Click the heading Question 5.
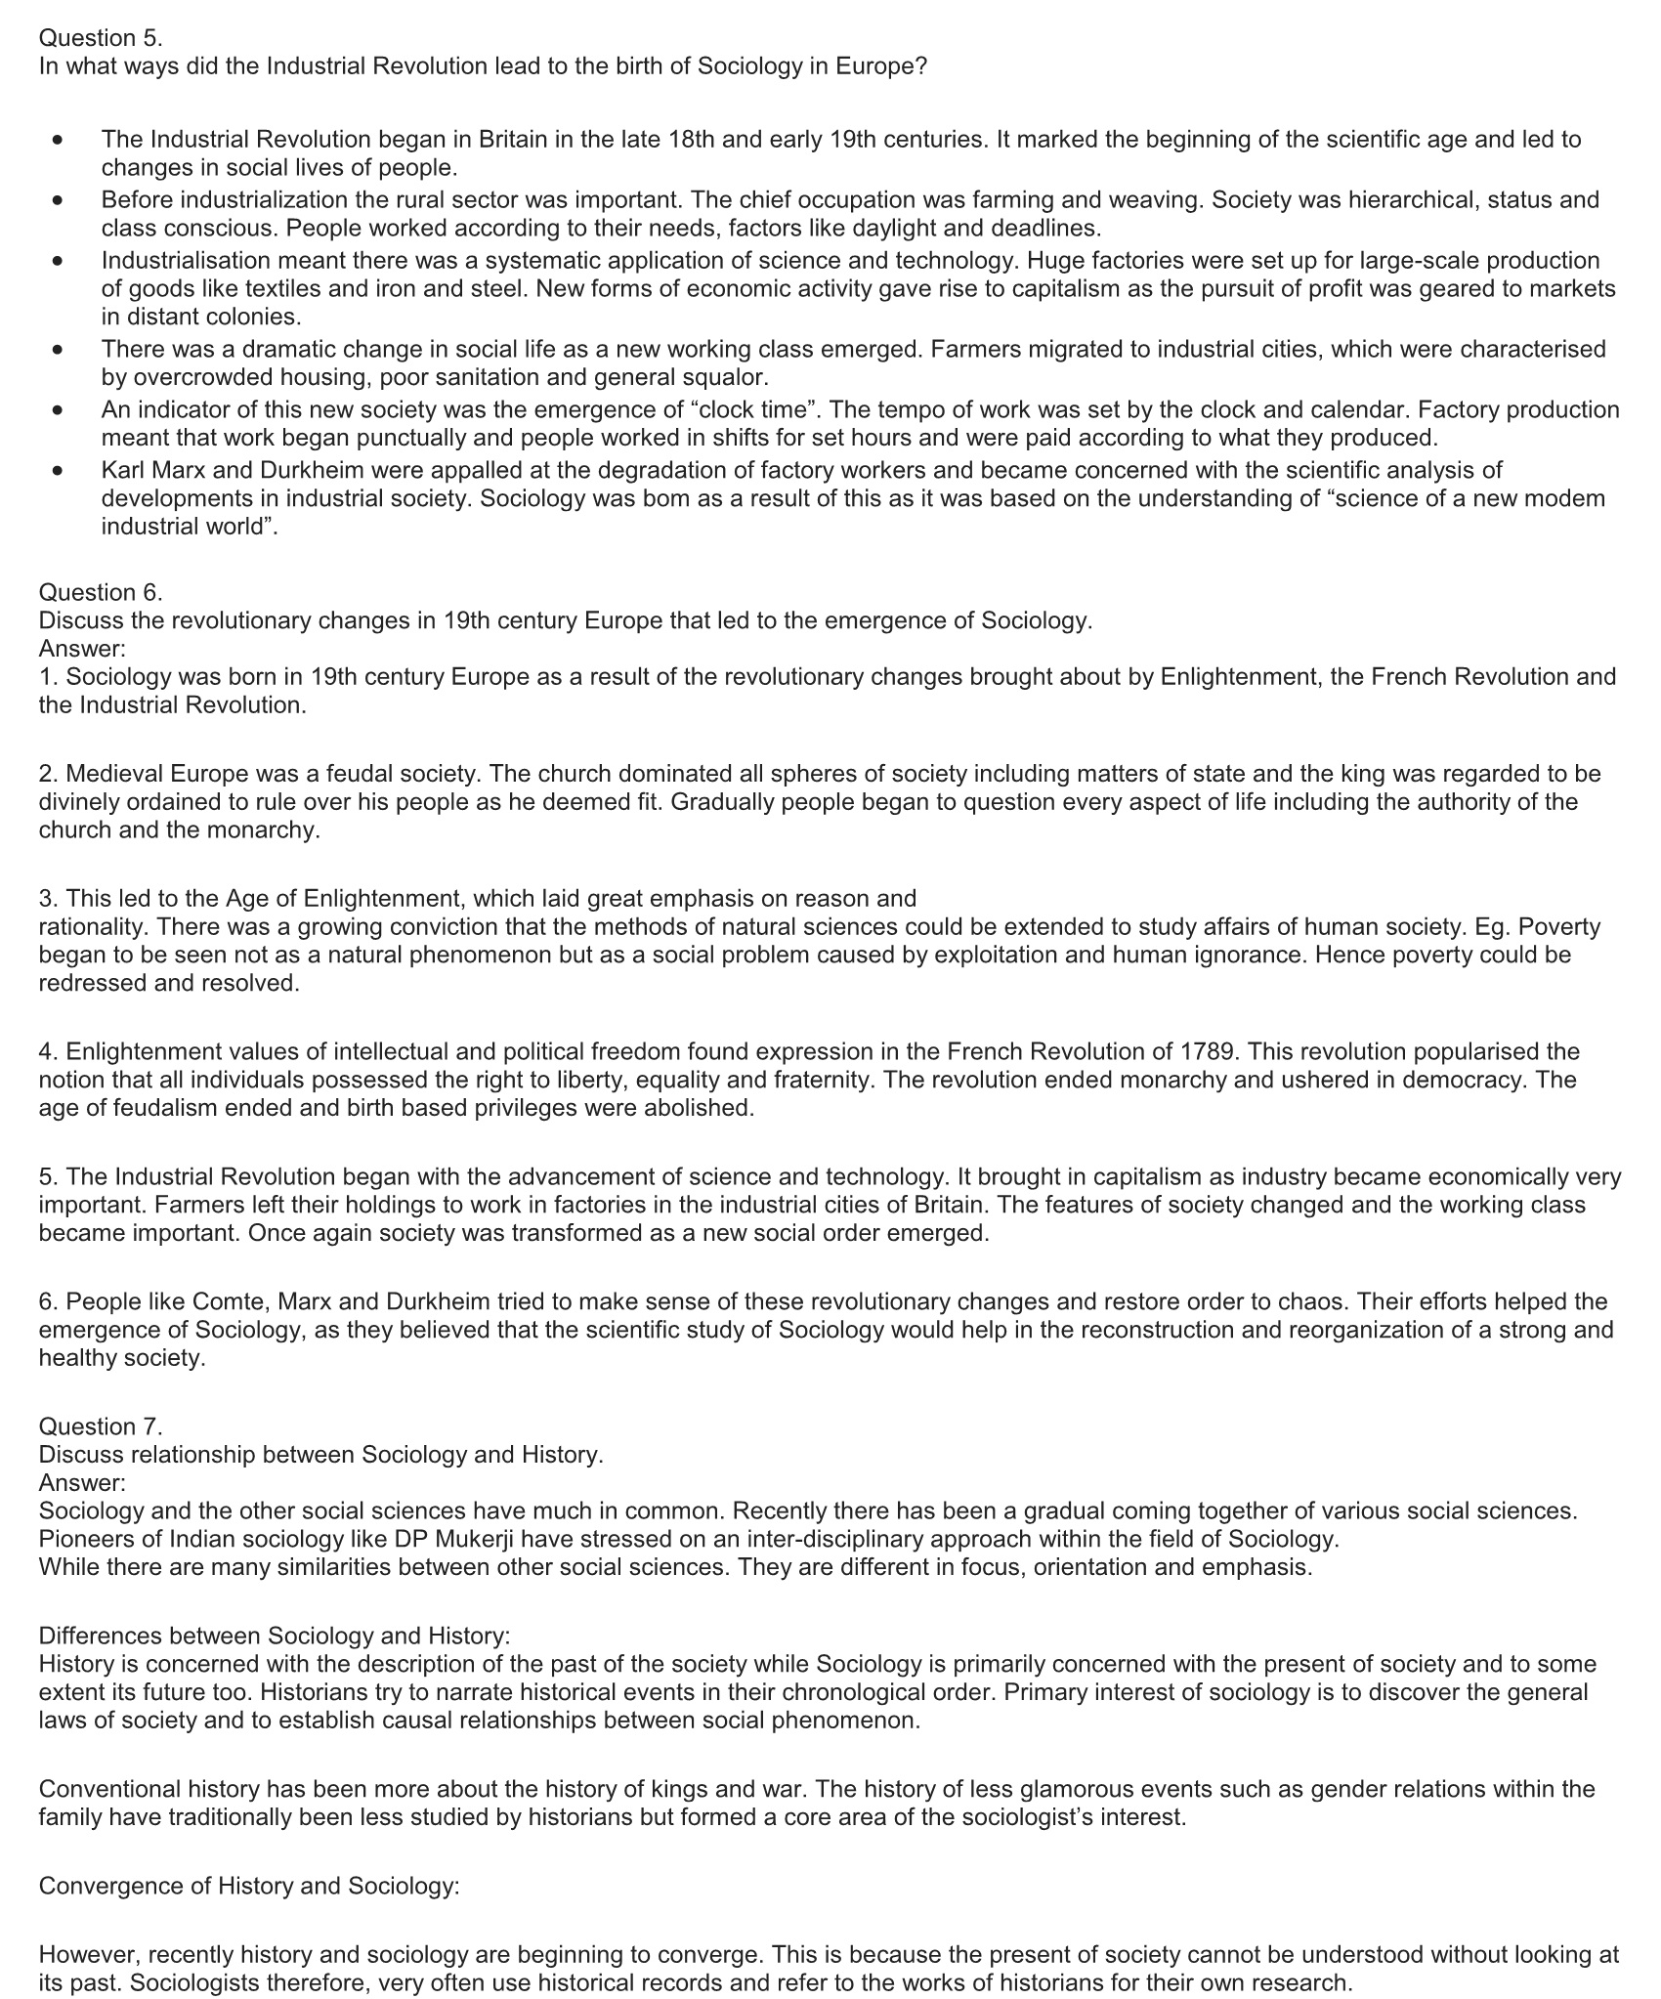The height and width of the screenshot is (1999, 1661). [101, 38]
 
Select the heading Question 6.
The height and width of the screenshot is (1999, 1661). [101, 592]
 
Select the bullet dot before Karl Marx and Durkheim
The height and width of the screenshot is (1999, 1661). [60, 471]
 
